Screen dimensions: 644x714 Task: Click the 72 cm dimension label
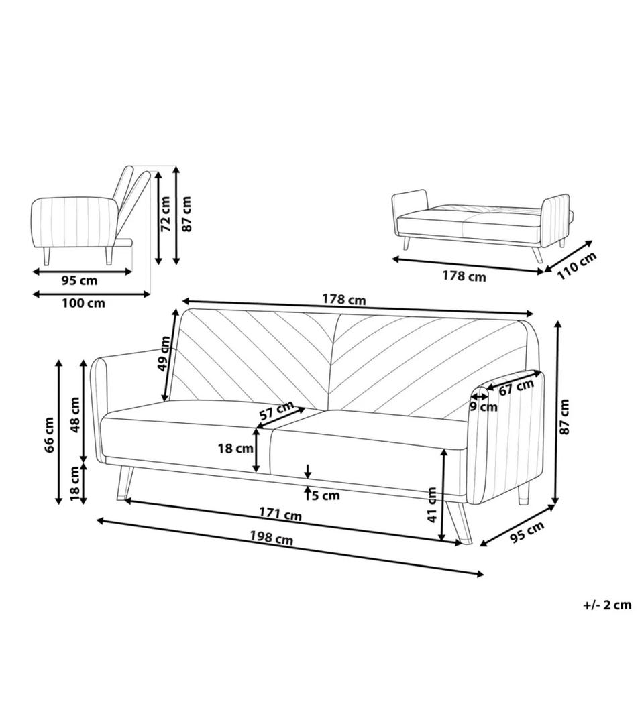(x=165, y=214)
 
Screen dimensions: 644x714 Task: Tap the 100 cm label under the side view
(x=83, y=303)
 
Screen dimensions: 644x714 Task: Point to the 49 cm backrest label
(x=164, y=354)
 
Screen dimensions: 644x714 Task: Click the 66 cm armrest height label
(x=49, y=434)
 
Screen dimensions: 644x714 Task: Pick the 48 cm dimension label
(x=74, y=415)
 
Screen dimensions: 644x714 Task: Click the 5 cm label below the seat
(x=325, y=495)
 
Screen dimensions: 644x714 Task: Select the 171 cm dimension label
(x=280, y=514)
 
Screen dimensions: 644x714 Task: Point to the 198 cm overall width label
(x=271, y=538)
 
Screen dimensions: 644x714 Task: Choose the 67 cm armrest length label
(x=517, y=388)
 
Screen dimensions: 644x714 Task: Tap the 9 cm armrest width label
(x=484, y=407)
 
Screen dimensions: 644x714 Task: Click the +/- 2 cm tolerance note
(x=607, y=605)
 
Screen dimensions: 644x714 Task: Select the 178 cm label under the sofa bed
(x=464, y=276)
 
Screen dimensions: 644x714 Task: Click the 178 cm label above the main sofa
(x=344, y=300)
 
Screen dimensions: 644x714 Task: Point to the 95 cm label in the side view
(x=79, y=280)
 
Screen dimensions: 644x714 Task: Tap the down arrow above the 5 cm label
(x=308, y=471)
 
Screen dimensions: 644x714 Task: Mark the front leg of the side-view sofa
(x=46, y=256)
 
